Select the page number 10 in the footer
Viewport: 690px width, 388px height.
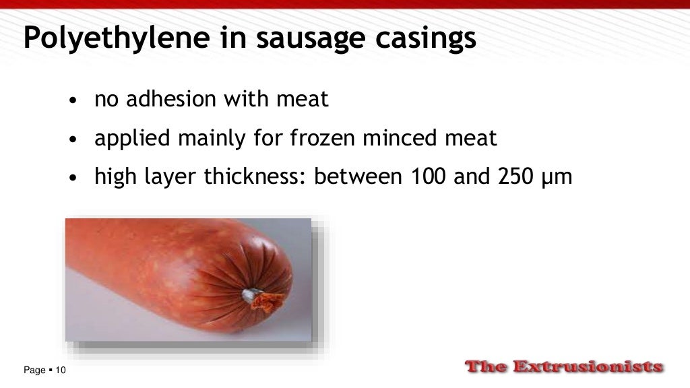61,370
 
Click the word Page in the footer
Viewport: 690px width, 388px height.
34,370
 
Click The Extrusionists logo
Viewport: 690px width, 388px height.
565,367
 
